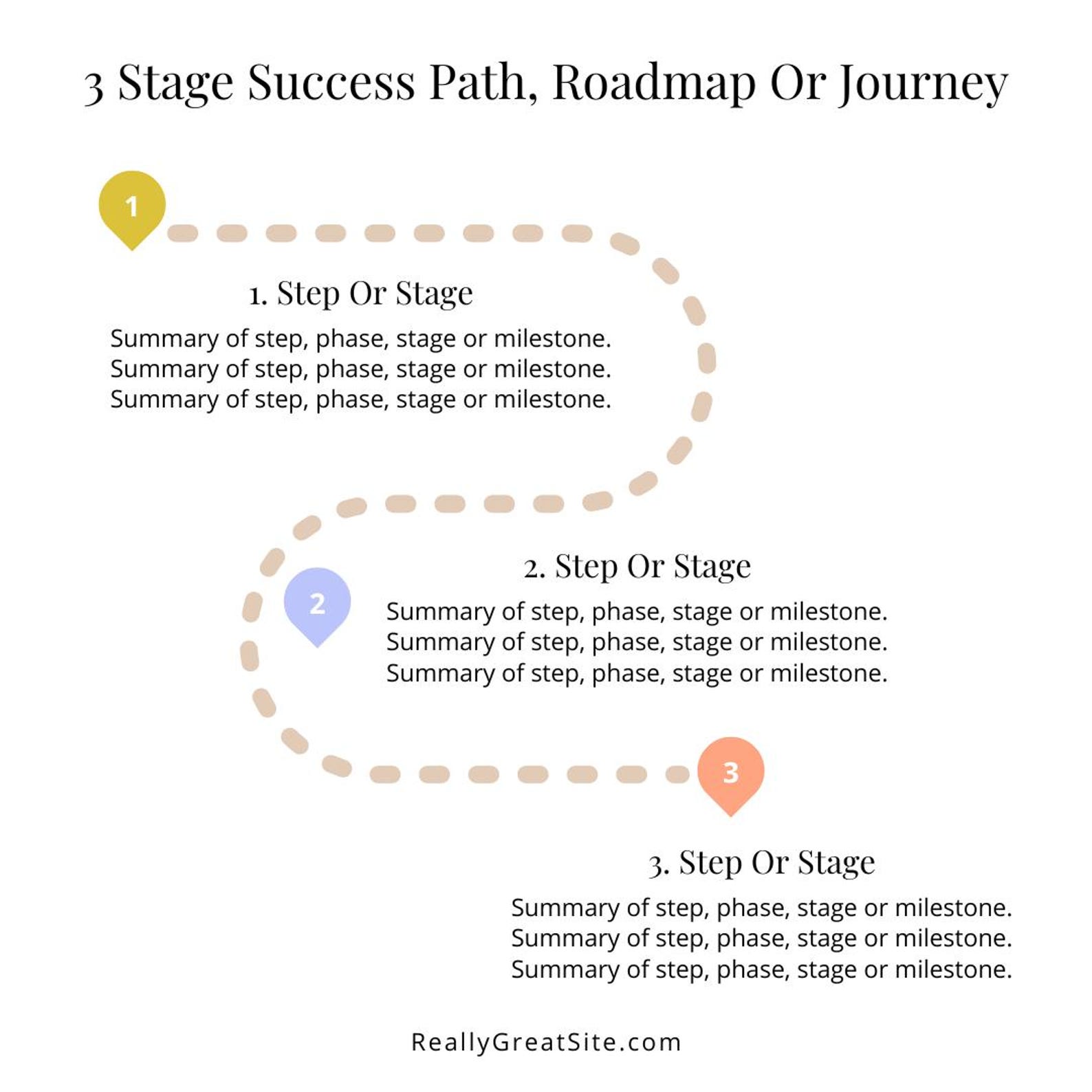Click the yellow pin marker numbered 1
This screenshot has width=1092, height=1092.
coord(132,206)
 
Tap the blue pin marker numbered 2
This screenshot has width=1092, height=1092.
coord(317,603)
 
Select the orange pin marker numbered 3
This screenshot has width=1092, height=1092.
coord(730,772)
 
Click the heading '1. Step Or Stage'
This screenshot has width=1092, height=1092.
coord(361,294)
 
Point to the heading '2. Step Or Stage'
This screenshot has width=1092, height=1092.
coord(637,567)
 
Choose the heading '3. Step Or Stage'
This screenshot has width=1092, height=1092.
coord(761,862)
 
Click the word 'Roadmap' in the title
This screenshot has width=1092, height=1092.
coord(653,83)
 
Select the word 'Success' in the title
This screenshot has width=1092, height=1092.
coord(331,83)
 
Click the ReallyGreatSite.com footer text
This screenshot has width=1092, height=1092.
coord(546,1042)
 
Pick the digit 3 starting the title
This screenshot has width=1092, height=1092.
coord(94,85)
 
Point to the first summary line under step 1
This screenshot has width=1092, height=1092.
coord(360,338)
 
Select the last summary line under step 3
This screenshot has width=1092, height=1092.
coord(761,970)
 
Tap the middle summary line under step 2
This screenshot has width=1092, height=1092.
coord(637,642)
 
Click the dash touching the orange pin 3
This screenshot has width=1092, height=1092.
coord(678,774)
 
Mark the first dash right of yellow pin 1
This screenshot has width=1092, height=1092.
coord(183,233)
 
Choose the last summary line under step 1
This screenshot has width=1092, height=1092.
coord(360,400)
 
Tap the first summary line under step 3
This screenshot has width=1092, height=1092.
coord(761,908)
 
